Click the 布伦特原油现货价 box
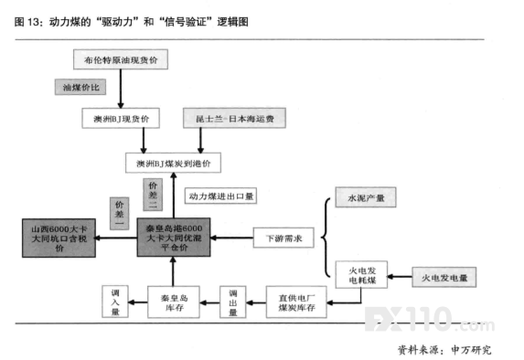click(121, 59)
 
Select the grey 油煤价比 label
click(80, 87)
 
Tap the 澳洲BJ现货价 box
click(121, 118)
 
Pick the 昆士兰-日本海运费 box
click(234, 118)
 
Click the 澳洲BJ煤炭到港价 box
click(173, 163)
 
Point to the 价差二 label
click(153, 195)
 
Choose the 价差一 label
click(119, 214)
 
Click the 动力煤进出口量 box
click(220, 196)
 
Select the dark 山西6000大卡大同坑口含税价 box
click(59, 238)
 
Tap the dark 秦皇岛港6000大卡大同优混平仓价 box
click(174, 238)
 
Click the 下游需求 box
click(283, 238)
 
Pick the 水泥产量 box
click(366, 197)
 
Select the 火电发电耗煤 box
click(361, 275)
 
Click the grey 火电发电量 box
click(444, 277)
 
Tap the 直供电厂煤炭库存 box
click(296, 302)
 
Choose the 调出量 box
click(233, 302)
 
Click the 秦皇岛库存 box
click(174, 302)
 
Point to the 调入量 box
click(115, 302)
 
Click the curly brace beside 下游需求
click(326, 238)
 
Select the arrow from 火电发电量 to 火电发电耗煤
click(400, 277)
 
